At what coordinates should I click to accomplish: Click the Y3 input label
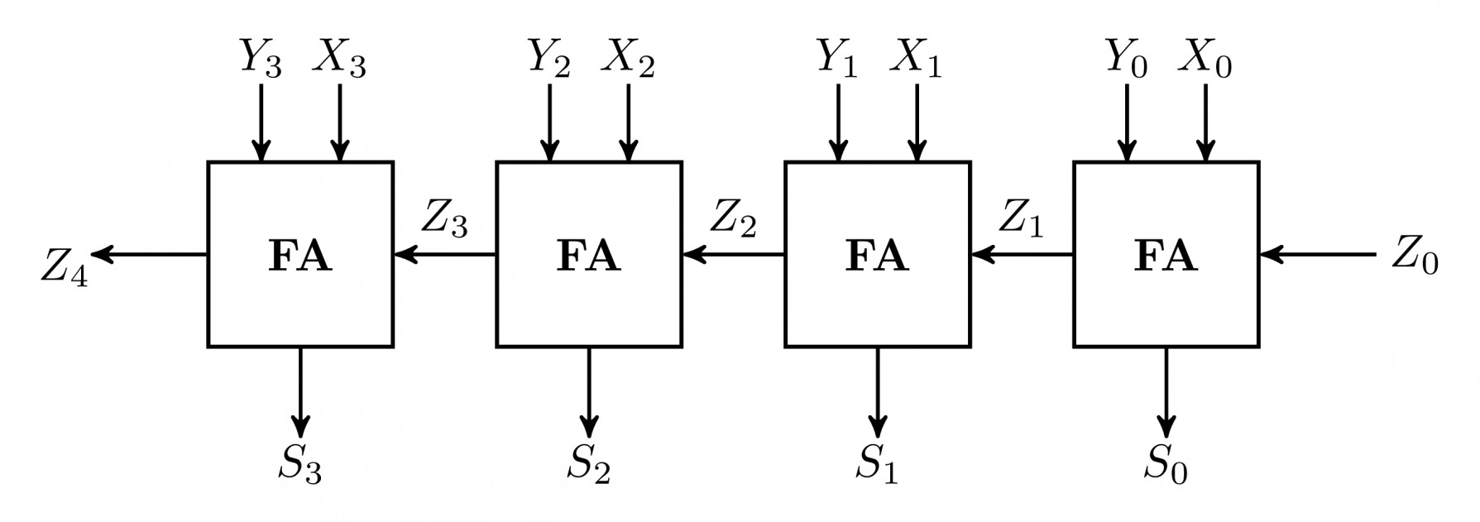tap(261, 59)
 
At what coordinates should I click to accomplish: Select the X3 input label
tap(339, 59)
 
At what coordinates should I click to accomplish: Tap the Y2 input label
tap(549, 59)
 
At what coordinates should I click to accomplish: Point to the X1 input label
tap(916, 59)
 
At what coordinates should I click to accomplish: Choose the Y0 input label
tap(1126, 59)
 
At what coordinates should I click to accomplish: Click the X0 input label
tap(1205, 59)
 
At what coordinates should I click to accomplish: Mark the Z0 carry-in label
tap(1415, 256)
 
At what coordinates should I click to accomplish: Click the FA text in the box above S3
tap(299, 256)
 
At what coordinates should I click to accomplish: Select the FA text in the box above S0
tap(1166, 256)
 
